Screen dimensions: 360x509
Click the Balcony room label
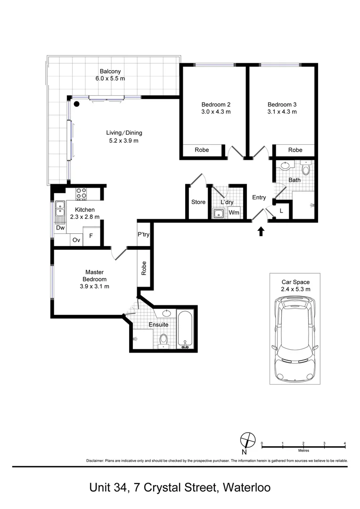[110, 72]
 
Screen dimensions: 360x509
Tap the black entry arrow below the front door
[261, 231]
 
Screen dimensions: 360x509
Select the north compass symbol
[248, 440]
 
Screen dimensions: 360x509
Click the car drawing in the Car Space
[295, 339]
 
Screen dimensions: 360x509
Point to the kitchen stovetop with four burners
[81, 194]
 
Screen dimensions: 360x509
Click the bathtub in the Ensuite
[185, 329]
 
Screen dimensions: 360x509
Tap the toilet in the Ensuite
[164, 341]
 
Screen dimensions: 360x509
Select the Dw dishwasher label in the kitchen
[60, 228]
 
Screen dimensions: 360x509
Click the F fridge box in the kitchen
[91, 236]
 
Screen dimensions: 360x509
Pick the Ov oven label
[76, 240]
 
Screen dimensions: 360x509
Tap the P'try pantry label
[143, 234]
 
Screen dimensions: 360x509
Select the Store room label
[198, 202]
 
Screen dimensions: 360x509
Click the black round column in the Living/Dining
[77, 104]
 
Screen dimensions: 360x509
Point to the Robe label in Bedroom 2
[202, 150]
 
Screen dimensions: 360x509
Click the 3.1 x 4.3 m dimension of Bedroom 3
[282, 112]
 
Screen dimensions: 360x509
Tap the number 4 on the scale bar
[345, 443]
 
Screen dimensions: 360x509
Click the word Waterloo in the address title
[247, 488]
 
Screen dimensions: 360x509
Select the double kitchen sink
[60, 209]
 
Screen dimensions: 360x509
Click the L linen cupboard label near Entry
[281, 211]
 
